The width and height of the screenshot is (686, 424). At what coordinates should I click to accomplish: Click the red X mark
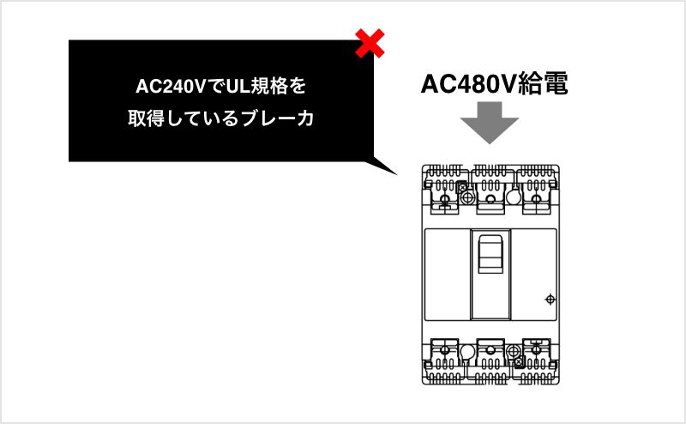370,44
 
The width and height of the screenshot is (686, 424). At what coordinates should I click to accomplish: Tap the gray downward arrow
490,123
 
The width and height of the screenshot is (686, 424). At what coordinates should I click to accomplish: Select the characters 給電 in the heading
543,83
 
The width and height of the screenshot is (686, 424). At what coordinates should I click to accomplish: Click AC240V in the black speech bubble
171,87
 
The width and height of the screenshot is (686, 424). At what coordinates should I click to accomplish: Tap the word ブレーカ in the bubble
277,118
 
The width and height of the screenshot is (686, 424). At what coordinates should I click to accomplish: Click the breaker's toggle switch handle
490,254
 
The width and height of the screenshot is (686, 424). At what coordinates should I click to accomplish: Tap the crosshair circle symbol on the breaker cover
550,300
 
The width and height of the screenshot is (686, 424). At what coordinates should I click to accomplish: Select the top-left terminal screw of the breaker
444,200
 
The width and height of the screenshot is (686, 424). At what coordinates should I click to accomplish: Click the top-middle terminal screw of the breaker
490,200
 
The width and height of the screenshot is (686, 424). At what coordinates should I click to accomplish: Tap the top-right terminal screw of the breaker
536,200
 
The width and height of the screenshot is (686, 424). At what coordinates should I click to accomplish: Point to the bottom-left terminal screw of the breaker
444,350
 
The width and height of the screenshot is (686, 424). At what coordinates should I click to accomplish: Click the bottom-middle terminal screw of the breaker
490,350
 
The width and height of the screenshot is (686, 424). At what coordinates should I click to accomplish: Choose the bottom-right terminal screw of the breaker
536,350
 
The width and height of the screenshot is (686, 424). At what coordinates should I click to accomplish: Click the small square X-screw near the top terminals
462,187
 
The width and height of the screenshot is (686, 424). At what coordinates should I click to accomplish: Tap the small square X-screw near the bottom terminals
519,362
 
